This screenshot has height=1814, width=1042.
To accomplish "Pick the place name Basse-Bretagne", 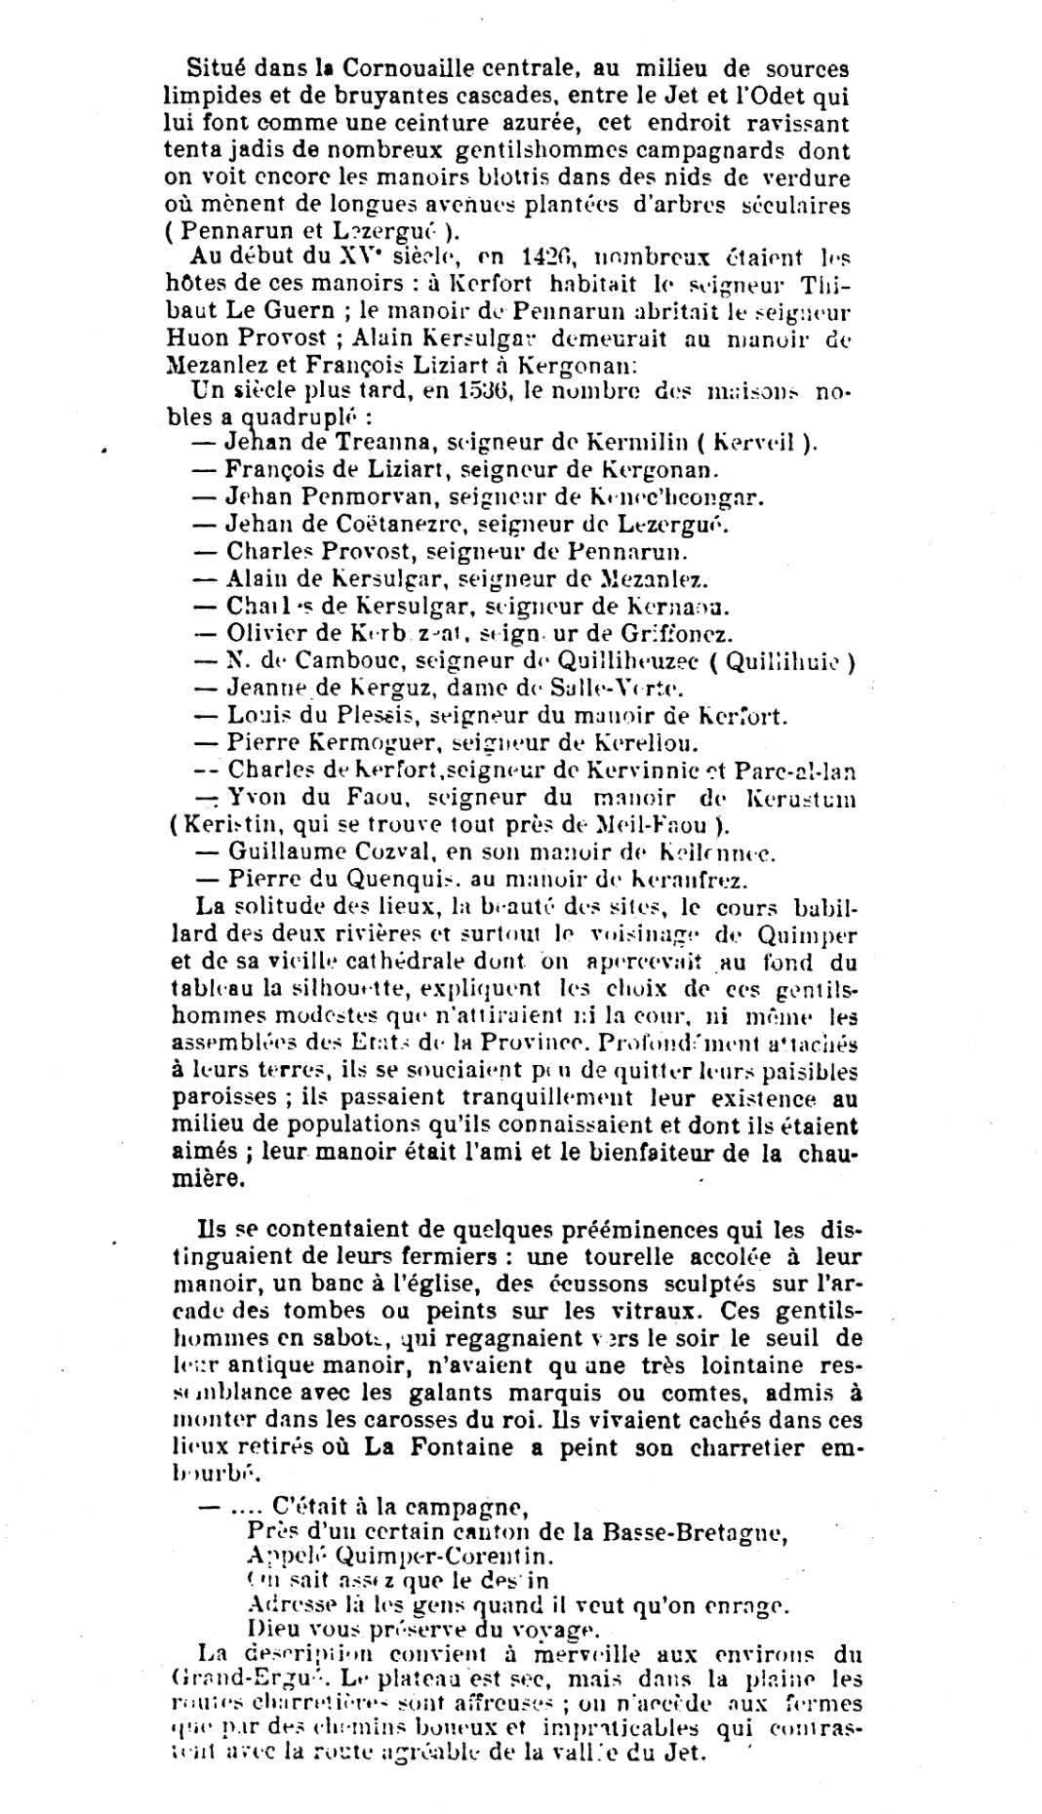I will point(682,1530).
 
